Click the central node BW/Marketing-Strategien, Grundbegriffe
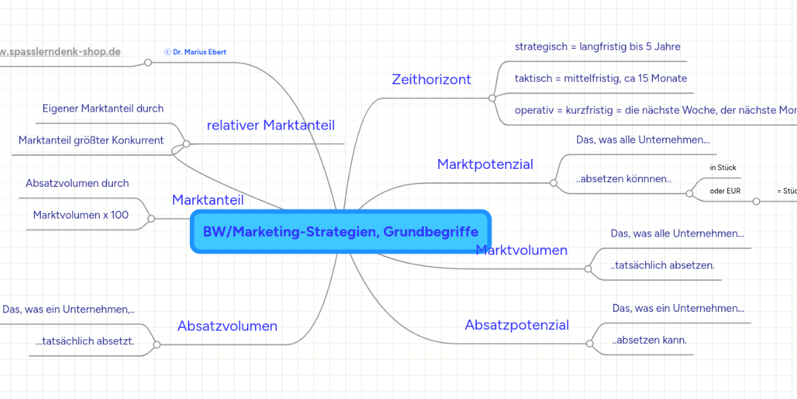pos(340,232)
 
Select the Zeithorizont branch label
pos(432,80)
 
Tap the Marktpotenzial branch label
pos(485,164)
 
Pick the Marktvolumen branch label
pos(522,251)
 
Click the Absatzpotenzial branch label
pos(517,325)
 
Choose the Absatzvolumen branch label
pos(227,327)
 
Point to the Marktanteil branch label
pos(208,200)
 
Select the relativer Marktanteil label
pos(271,126)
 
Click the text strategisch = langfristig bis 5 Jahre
pos(598,47)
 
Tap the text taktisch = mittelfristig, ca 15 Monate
pos(600,78)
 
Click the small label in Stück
pos(723,168)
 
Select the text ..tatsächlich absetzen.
pos(662,266)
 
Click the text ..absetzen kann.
pos(650,340)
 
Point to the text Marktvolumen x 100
pos(81,215)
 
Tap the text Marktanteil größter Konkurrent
pos(91,140)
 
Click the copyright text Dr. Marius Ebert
pos(195,52)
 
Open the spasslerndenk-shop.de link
pos(60,52)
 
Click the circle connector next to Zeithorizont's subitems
pos(492,98)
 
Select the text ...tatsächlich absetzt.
pos(85,342)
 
